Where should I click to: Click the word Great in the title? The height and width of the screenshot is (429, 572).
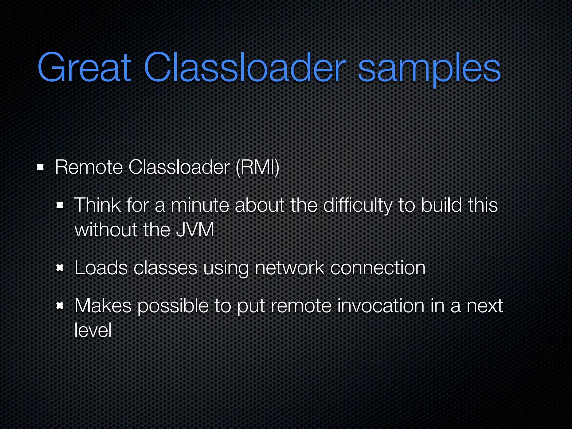click(x=84, y=68)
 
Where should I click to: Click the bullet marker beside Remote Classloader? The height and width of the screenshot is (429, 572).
click(x=41, y=168)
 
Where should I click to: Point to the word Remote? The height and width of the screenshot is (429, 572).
click(x=89, y=167)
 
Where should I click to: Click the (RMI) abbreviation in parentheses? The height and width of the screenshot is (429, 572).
click(x=257, y=167)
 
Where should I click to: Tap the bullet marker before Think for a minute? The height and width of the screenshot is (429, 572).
click(x=60, y=206)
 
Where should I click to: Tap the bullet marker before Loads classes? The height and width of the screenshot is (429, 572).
click(x=60, y=268)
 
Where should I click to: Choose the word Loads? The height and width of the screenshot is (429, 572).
click(x=101, y=268)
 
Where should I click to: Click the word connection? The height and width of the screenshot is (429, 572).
click(x=378, y=268)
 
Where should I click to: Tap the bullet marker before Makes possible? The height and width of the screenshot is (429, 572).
click(x=60, y=306)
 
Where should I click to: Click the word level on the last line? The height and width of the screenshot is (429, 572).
click(x=93, y=330)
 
